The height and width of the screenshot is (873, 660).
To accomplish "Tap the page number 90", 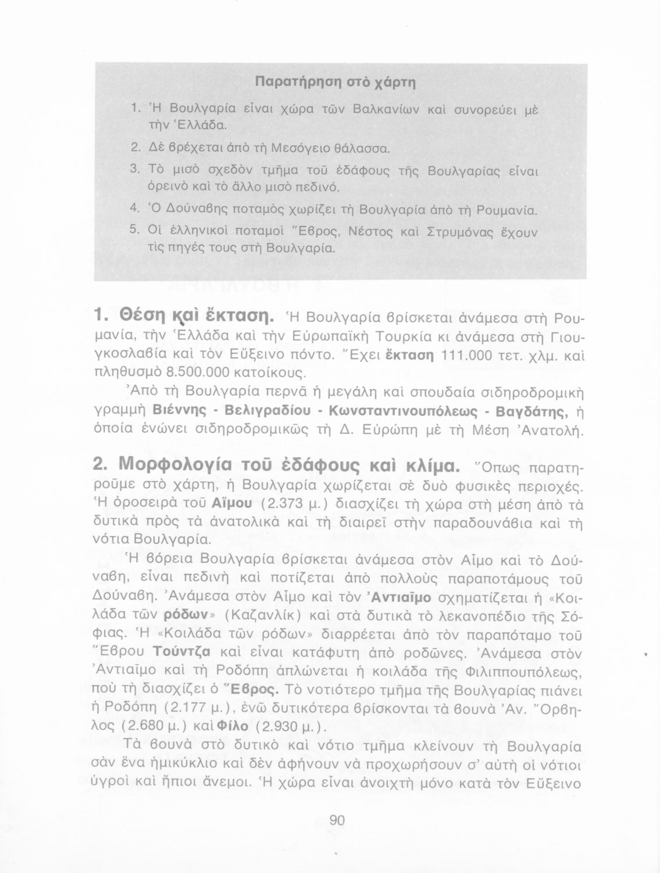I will tap(337, 821).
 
